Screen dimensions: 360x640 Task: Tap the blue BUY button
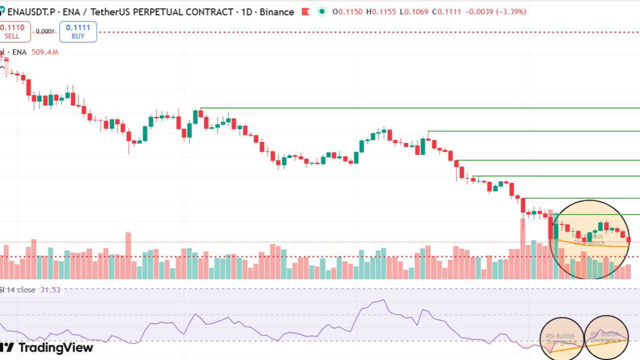(78, 31)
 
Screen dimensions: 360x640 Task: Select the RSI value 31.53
(50, 290)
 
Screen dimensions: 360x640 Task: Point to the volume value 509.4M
(44, 52)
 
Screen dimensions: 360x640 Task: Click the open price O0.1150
(348, 11)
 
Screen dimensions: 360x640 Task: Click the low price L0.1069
(414, 11)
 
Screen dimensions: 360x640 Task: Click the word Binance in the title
(277, 11)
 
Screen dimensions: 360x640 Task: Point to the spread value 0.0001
(45, 31)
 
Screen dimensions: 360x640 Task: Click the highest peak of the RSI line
(383, 300)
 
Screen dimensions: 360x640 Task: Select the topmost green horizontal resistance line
(420, 108)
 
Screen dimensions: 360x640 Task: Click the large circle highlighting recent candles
(589, 239)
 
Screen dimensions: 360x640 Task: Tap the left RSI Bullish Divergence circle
(562, 338)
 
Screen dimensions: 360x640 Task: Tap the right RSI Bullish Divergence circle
(606, 337)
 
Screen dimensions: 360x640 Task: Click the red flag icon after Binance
(305, 11)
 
